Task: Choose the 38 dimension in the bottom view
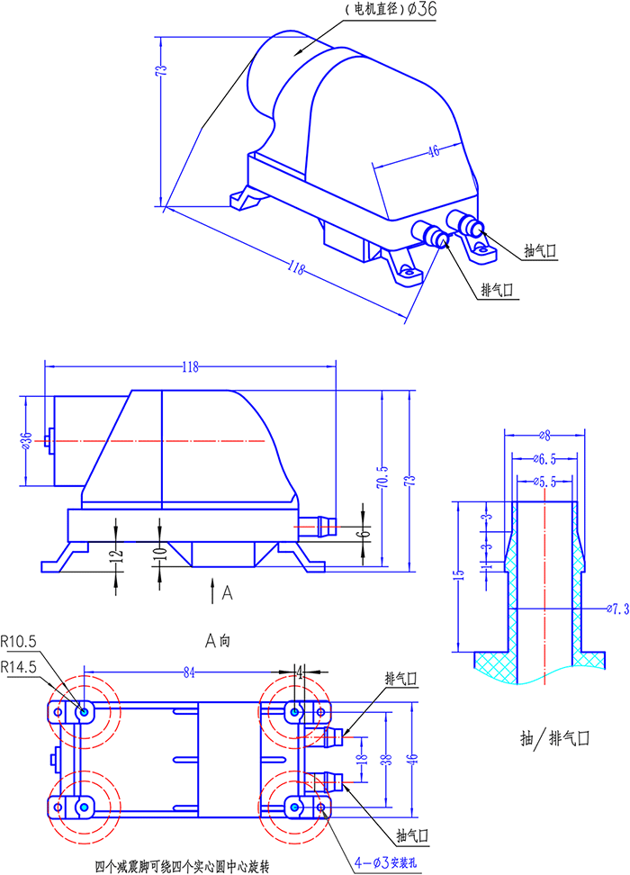coord(385,758)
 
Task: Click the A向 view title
coord(219,641)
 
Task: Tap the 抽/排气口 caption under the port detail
coord(554,738)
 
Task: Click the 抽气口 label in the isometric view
coord(540,251)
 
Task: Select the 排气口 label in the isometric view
coord(497,290)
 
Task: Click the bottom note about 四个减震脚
coord(183,867)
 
